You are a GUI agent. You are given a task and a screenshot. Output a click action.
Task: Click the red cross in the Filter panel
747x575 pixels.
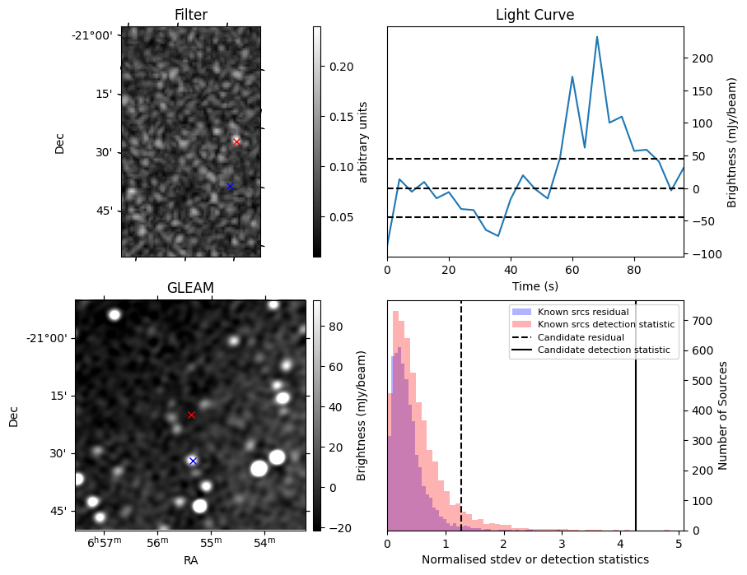pyautogui.click(x=236, y=141)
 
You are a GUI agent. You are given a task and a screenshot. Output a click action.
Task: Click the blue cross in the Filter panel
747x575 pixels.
pyautogui.click(x=230, y=186)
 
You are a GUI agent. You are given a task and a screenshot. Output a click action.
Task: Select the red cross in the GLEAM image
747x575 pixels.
pyautogui.click(x=191, y=415)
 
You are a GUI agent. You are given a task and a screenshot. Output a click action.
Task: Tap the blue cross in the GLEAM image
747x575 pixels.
pyautogui.click(x=193, y=461)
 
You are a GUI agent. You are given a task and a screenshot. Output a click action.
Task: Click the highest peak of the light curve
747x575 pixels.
pyautogui.click(x=597, y=37)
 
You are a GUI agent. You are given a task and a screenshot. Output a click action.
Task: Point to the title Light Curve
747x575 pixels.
pyautogui.click(x=535, y=15)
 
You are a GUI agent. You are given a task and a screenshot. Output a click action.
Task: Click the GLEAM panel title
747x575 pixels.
pyautogui.click(x=190, y=287)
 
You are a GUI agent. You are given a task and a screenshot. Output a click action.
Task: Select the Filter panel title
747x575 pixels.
pyautogui.click(x=190, y=15)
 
